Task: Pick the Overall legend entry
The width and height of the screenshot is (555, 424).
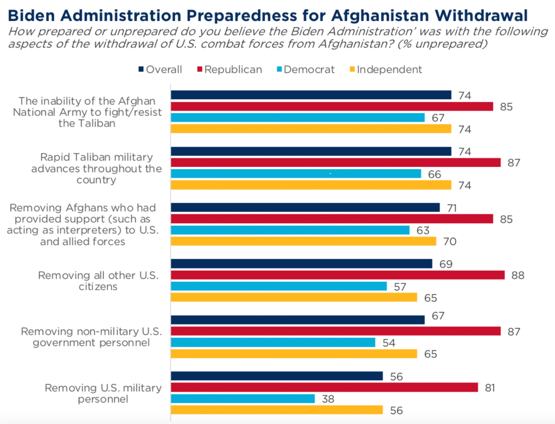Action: [x=161, y=69]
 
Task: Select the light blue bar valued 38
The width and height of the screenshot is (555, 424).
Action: [x=243, y=399]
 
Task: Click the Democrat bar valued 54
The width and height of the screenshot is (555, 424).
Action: [x=273, y=342]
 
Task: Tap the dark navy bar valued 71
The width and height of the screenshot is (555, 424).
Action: [x=305, y=207]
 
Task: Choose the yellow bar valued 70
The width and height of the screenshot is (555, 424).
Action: [x=303, y=242]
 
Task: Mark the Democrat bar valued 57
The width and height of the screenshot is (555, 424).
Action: [x=279, y=286]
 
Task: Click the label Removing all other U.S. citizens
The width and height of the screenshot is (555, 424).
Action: [x=98, y=281]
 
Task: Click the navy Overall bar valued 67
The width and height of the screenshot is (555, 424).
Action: [x=297, y=320]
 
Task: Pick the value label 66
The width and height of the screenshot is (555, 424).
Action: [x=434, y=174]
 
